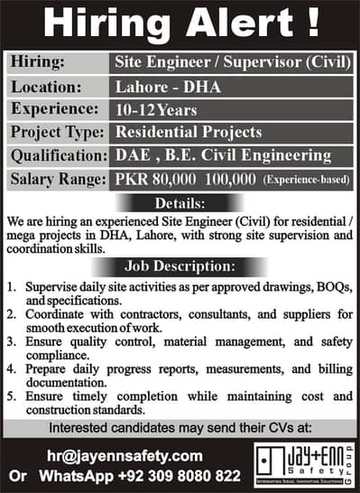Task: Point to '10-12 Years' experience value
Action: pos(150,108)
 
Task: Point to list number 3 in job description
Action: pos(11,342)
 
